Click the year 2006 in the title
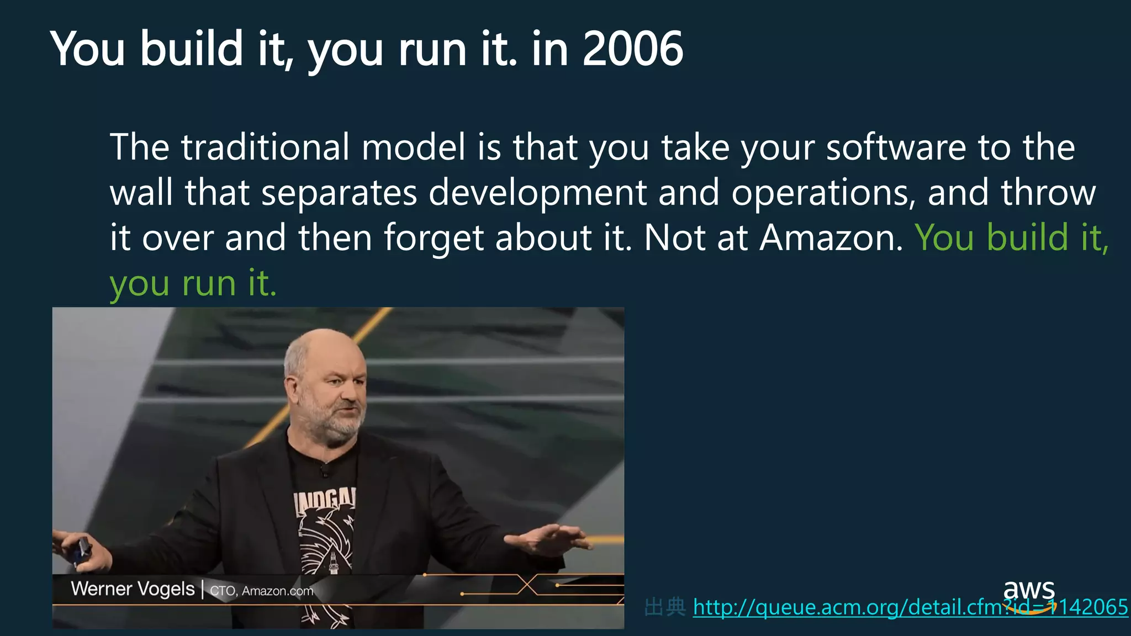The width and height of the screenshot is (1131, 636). click(633, 49)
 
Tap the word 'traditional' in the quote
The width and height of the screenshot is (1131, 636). click(265, 147)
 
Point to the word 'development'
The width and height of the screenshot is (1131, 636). click(537, 193)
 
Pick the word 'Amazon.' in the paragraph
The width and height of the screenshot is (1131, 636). click(831, 238)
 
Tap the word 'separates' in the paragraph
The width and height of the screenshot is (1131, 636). click(339, 193)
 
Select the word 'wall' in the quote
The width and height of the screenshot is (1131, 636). click(141, 193)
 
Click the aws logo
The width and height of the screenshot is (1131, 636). click(1029, 593)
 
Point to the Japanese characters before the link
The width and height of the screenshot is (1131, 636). click(665, 607)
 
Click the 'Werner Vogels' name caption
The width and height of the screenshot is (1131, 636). click(133, 589)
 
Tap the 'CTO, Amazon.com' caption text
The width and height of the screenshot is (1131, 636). click(261, 591)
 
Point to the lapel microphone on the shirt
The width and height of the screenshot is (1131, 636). click(325, 471)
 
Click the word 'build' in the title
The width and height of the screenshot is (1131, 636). click(191, 49)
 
